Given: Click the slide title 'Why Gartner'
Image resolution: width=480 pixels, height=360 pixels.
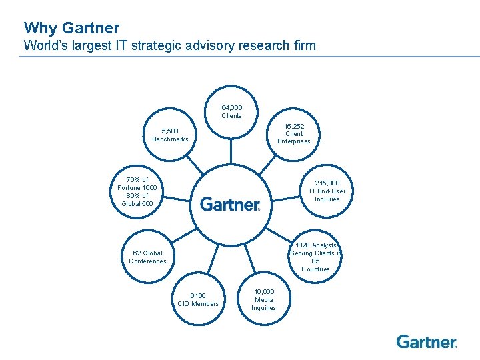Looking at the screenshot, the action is tap(71, 28).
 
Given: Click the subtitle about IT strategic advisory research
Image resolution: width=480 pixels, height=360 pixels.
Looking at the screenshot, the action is tap(169, 46).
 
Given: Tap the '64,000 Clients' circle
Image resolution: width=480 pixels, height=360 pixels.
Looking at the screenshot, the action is tap(231, 111).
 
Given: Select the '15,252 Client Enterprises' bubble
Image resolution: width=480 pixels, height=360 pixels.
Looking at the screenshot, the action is tap(294, 133).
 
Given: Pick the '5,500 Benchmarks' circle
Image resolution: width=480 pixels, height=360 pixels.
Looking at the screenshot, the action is tap(170, 135).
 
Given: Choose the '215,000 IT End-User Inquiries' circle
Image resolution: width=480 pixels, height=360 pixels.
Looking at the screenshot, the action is tap(327, 191).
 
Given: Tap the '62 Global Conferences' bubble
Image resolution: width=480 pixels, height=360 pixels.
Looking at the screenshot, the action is tap(147, 257).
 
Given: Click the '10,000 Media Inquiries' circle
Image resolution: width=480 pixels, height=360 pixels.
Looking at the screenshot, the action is tap(263, 299).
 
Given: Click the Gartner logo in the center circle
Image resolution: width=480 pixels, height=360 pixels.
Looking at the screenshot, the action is tap(231, 204).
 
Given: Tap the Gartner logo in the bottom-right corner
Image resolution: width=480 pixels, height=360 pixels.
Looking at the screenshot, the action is tap(427, 342).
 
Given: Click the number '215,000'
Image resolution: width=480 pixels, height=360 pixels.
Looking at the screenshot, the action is tap(327, 183).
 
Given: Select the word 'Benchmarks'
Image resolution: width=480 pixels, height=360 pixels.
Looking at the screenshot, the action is tap(170, 139).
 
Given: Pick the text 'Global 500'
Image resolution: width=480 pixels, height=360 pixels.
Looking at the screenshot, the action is tap(137, 203).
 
